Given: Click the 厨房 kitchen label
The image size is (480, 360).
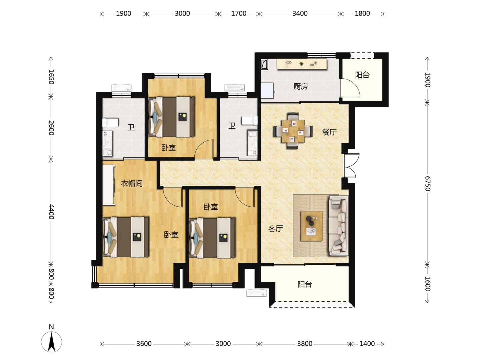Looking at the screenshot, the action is click(300, 87).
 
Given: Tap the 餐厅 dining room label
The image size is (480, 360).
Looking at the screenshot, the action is click(329, 132).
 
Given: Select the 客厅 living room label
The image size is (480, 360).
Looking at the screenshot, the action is click(276, 228).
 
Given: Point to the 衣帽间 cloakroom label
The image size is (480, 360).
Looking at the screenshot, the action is click(132, 183).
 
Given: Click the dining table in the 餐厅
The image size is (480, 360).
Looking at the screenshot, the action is click(293, 131).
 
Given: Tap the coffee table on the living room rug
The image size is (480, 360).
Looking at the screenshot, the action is click(311, 226).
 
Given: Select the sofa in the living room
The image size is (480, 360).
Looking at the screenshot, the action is click(339, 225).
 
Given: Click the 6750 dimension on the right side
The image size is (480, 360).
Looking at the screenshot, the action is click(428, 184).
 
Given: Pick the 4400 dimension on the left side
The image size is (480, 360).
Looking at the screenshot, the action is click(51, 212).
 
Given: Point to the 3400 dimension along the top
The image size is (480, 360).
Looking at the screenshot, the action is click(300, 14).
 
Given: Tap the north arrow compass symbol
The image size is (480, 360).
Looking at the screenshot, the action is click(51, 342).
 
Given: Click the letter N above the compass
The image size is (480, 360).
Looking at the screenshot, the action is click(51, 327).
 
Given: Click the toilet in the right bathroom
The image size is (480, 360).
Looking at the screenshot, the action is click(250, 120).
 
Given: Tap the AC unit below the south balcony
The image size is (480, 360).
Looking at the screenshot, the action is click(256, 293).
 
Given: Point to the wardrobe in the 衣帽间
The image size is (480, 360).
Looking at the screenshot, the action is click(109, 185).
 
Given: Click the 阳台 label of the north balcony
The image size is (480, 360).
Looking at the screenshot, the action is click(362, 75).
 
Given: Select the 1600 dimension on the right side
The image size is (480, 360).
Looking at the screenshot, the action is click(428, 284).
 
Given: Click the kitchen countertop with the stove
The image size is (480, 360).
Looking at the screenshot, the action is click(302, 64).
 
